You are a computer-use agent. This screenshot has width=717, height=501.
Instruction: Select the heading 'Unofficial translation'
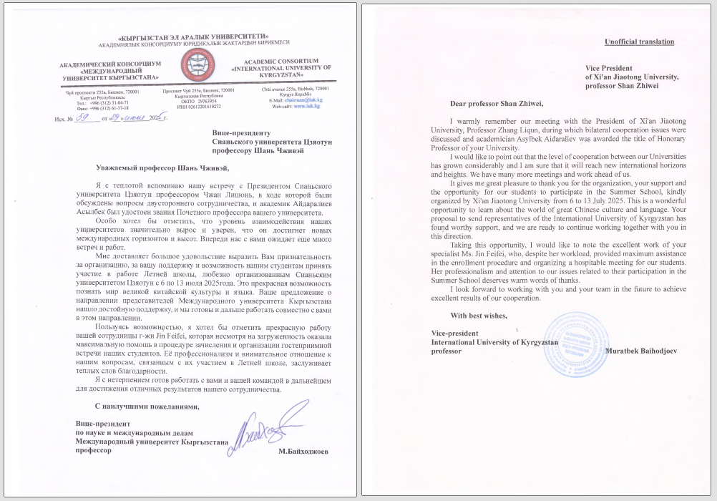click(x=639, y=42)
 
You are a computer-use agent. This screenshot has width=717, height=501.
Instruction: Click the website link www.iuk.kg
click(x=307, y=106)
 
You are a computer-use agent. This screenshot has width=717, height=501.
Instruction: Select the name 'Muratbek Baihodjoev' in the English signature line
click(x=640, y=351)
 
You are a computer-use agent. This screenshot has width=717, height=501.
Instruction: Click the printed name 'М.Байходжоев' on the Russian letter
click(x=304, y=452)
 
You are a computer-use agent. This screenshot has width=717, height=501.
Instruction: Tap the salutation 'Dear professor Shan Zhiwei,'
click(x=492, y=104)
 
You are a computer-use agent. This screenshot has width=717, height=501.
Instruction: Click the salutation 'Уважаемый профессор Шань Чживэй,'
click(x=163, y=169)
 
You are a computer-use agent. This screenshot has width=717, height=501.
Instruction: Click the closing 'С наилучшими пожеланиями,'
click(x=137, y=407)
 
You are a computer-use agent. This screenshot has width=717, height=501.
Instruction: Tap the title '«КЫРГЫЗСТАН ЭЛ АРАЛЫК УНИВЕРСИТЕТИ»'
click(x=193, y=36)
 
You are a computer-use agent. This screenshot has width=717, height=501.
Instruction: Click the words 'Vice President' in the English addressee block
click(x=610, y=68)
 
